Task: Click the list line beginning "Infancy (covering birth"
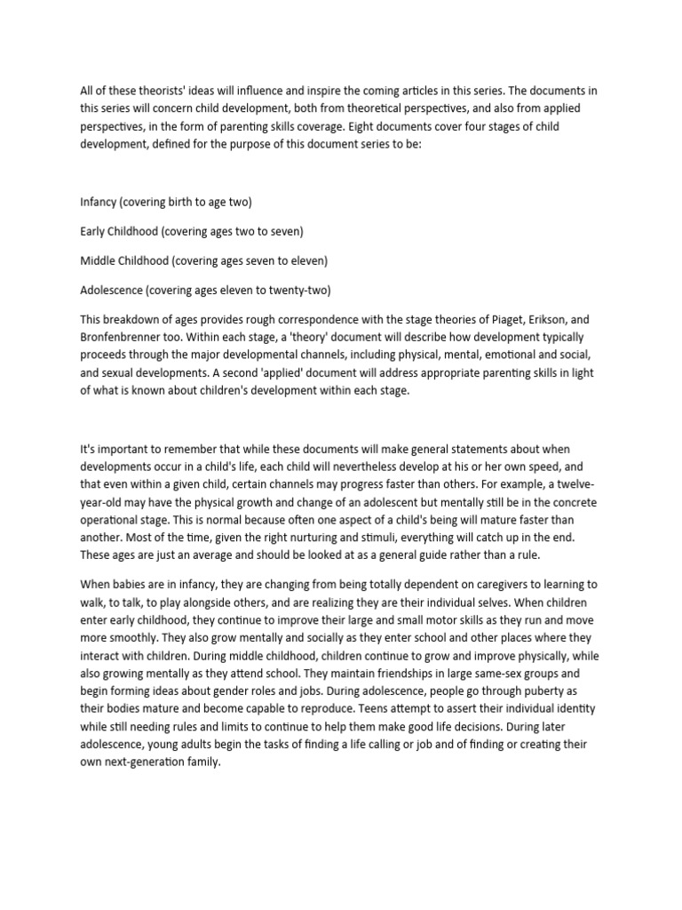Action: click(166, 202)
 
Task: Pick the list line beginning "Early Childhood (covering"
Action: click(192, 231)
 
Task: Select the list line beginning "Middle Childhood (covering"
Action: click(204, 260)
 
